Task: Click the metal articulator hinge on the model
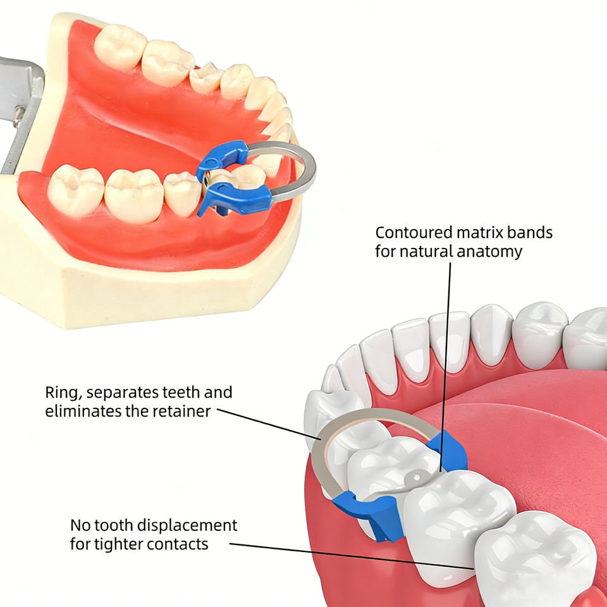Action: [19, 101]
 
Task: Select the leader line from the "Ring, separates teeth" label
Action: [266, 422]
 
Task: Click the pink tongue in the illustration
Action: [518, 430]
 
